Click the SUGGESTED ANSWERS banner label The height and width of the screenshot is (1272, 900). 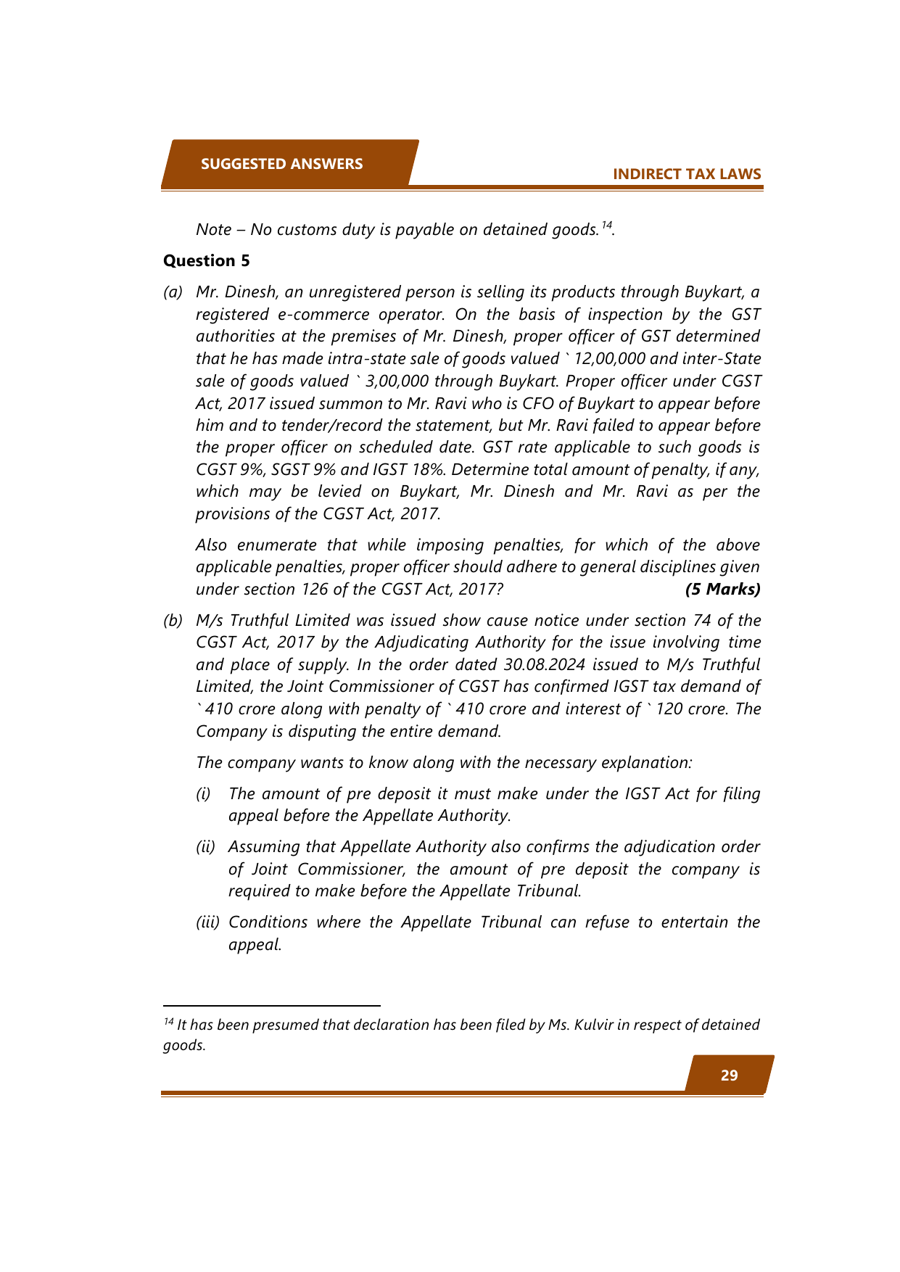click(x=281, y=164)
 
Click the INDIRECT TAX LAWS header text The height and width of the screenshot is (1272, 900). click(x=687, y=174)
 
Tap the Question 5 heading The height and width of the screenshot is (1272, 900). click(x=206, y=260)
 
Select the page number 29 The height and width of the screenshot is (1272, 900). click(x=729, y=1075)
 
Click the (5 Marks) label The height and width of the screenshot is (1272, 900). click(x=722, y=589)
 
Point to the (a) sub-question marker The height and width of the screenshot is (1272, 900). click(x=173, y=292)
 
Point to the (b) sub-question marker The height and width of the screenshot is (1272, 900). click(x=173, y=620)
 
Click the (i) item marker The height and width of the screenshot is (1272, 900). click(x=204, y=793)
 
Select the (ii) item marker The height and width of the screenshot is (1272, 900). click(x=205, y=846)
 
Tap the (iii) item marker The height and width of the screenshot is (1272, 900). click(x=207, y=922)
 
